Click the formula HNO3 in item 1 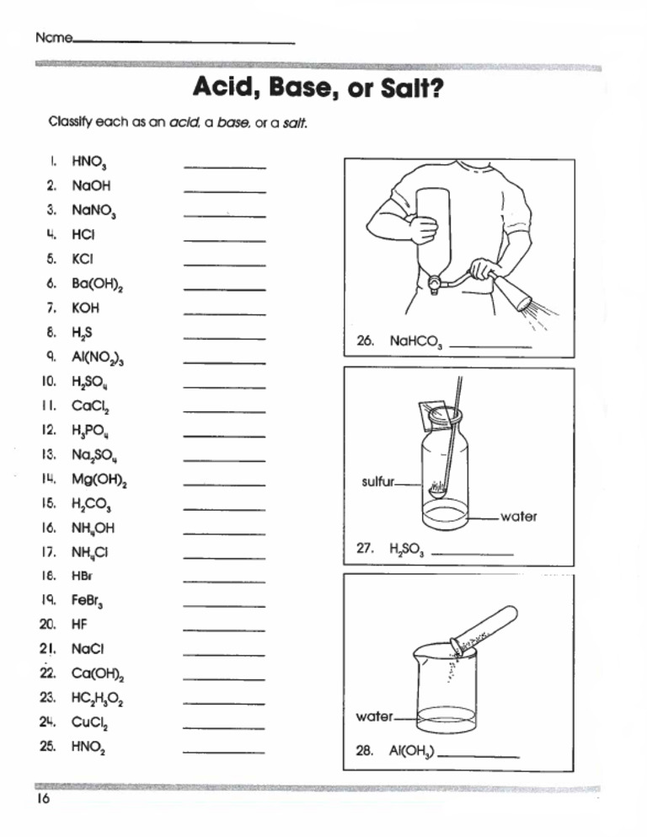tap(89, 163)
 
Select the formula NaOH tap(91, 185)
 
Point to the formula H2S tap(83, 333)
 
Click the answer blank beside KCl tap(224, 265)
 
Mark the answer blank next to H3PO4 tap(224, 436)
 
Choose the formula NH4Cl tap(90, 553)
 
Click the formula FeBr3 tap(88, 602)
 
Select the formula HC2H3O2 tap(99, 699)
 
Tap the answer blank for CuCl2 tap(224, 727)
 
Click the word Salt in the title tap(408, 87)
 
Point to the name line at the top tap(184, 41)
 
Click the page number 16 tap(43, 800)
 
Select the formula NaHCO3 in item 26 tap(414, 342)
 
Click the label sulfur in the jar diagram tap(377, 482)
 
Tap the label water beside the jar tap(518, 517)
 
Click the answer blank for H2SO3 tap(472, 553)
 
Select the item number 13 tap(48, 455)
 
